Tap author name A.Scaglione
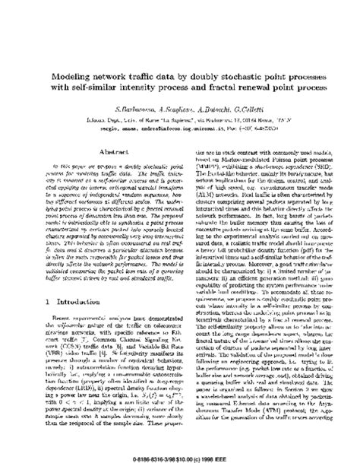click(x=169, y=108)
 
